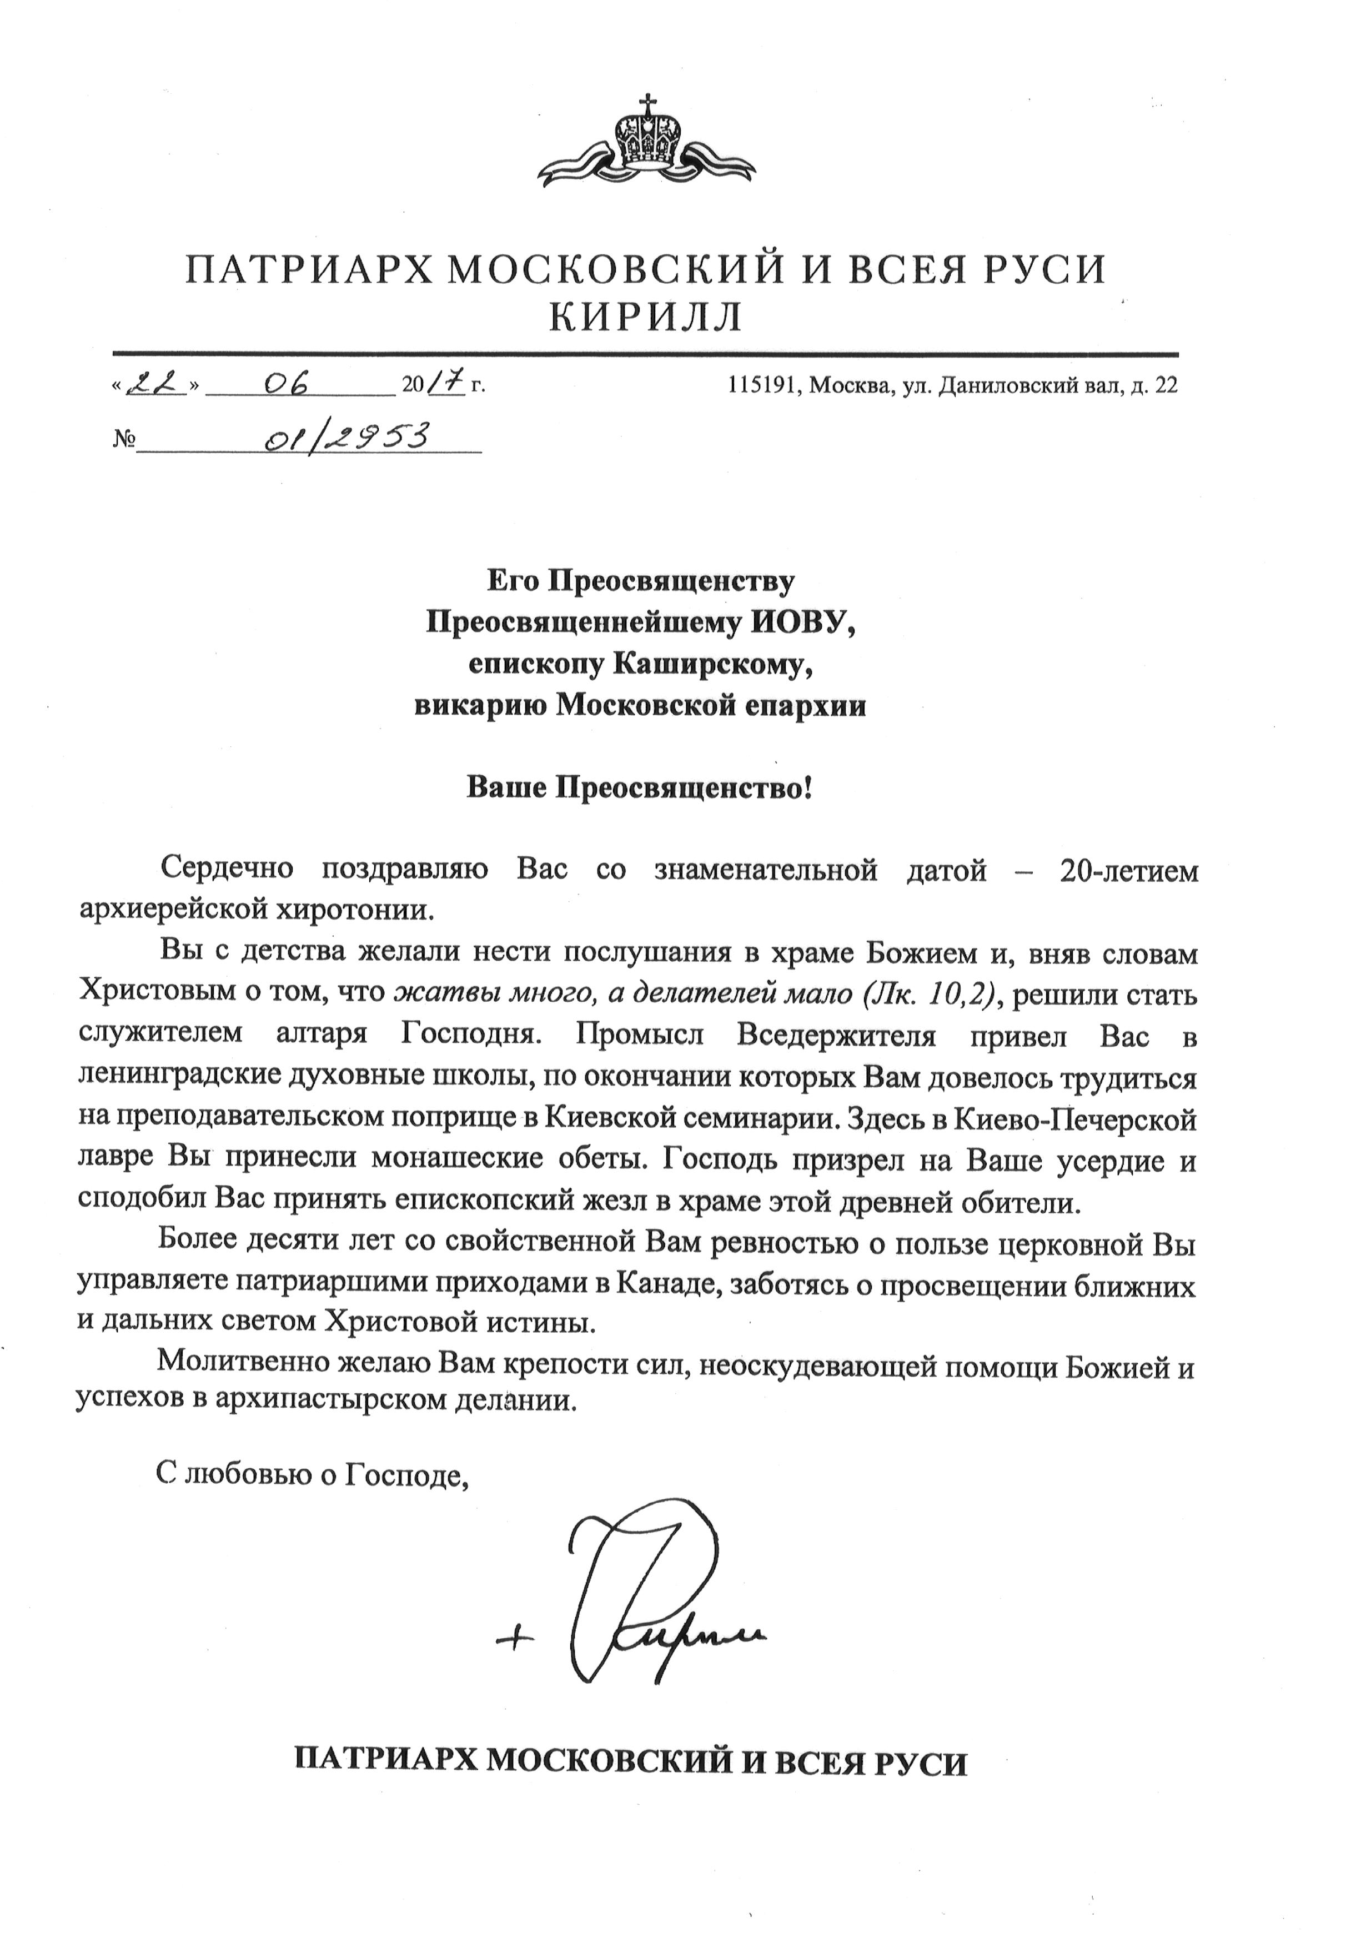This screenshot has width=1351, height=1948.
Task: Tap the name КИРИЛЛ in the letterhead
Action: click(x=645, y=318)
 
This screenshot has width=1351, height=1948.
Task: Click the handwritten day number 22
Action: click(x=155, y=385)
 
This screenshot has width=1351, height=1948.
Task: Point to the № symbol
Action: click(x=124, y=441)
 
